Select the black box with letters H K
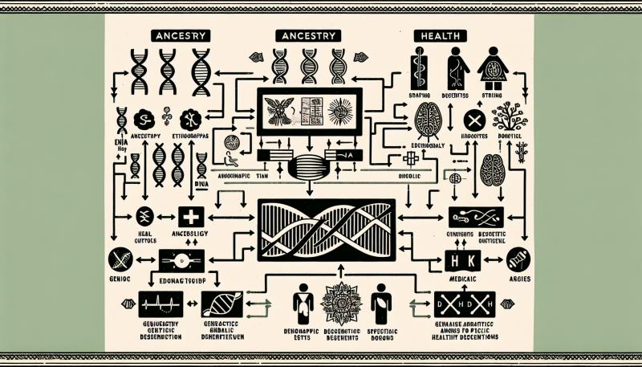tap(459, 260)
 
